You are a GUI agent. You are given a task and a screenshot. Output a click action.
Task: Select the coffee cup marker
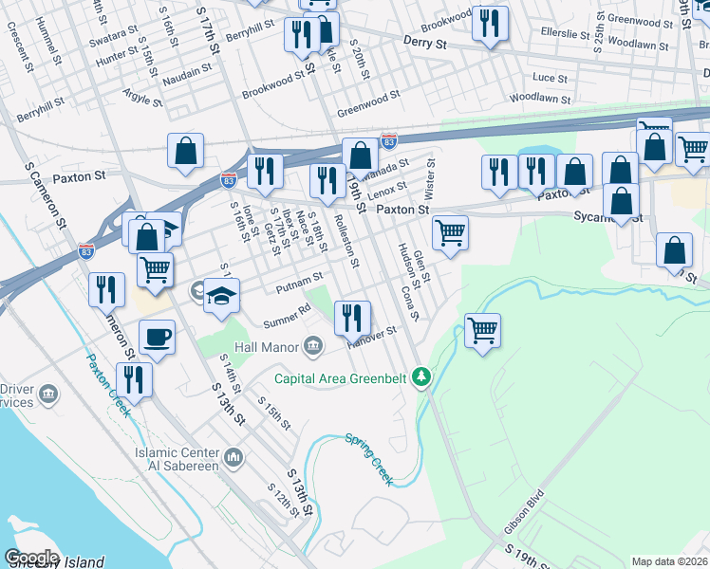157,336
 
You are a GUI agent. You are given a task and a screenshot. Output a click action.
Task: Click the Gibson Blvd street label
525,509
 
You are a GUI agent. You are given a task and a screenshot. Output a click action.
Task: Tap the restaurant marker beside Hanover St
353,319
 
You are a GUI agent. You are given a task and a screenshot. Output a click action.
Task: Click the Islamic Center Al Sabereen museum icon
234,459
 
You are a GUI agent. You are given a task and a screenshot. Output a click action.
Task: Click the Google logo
30,558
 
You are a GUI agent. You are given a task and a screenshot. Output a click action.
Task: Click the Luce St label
551,78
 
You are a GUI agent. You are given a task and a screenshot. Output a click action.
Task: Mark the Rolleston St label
346,243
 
